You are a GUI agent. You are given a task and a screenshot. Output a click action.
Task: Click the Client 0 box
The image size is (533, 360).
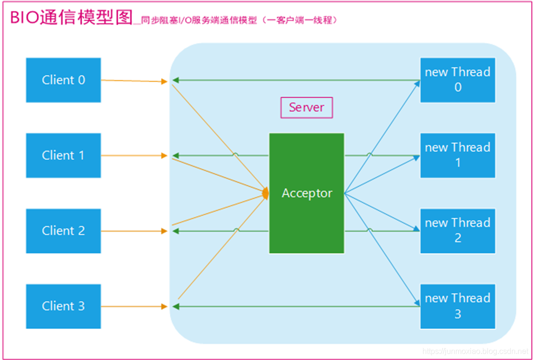[63, 80]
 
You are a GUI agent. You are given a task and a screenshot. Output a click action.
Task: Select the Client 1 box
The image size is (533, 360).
[63, 155]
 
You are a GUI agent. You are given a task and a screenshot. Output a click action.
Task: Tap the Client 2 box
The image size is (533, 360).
[63, 231]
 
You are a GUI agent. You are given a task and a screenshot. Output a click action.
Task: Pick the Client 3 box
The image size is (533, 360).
[63, 306]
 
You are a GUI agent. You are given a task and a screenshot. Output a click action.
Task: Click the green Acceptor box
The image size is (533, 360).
[307, 193]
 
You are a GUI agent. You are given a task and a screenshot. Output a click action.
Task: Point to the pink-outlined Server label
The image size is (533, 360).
[307, 108]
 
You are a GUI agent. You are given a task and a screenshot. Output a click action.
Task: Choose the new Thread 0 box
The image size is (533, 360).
[457, 80]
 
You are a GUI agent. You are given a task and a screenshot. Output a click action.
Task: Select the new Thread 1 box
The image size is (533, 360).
[457, 155]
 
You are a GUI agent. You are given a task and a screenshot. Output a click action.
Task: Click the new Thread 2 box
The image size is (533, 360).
[457, 231]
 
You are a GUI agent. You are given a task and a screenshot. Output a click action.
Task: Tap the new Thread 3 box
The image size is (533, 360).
[457, 306]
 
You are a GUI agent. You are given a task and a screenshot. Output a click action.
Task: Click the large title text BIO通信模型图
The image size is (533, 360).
[71, 18]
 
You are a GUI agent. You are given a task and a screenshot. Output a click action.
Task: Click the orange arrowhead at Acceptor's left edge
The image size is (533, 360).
[265, 193]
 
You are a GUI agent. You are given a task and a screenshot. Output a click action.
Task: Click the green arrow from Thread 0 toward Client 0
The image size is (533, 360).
[295, 80]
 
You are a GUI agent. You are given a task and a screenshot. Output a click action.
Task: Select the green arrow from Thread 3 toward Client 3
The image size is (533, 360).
[295, 306]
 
